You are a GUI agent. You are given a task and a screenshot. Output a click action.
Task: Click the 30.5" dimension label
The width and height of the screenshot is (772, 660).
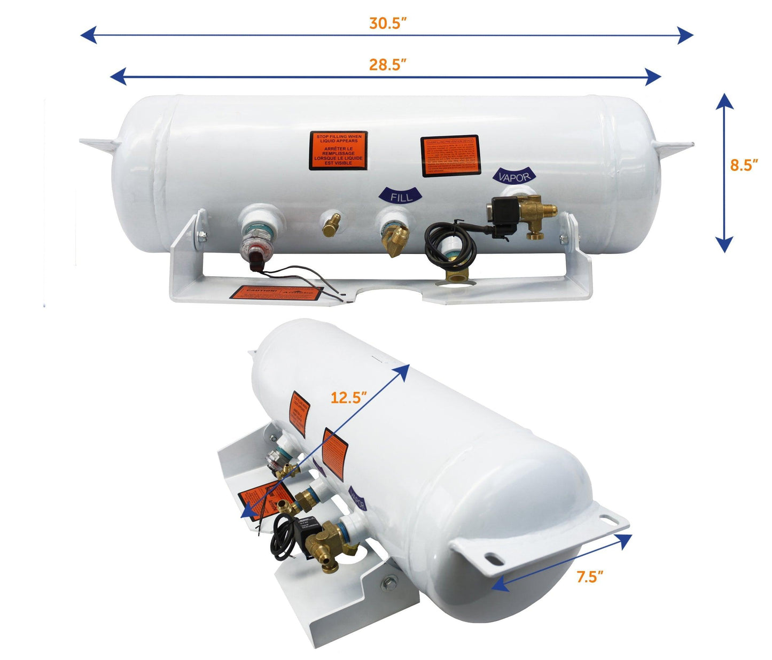coord(388,24)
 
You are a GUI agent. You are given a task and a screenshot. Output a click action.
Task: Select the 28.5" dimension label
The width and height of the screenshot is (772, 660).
coord(388,65)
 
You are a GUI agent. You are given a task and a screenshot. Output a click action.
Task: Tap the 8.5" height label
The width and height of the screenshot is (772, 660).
coord(744,165)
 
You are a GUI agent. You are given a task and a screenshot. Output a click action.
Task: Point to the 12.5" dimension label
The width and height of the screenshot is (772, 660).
coord(348,398)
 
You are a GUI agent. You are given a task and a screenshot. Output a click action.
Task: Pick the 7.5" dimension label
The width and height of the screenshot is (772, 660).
coord(590,577)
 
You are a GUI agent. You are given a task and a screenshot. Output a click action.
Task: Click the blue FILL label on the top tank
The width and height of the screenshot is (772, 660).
coord(401,196)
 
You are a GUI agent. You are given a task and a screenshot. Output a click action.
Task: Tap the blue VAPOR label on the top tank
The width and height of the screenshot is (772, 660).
coord(513,177)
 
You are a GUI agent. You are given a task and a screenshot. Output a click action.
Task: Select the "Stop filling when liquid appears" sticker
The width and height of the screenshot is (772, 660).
coord(338,150)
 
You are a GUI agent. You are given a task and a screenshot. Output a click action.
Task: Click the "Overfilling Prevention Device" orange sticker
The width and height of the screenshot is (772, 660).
coord(450,154)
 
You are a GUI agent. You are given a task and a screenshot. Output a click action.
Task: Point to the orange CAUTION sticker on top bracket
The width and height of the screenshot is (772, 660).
coord(276,292)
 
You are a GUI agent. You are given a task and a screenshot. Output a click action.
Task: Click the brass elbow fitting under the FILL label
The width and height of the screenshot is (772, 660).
coord(396,240)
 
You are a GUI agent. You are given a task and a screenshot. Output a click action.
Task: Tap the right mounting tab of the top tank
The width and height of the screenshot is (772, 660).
coord(676,146)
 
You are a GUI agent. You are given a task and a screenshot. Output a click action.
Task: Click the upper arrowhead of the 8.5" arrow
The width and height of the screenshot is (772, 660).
coord(724,101)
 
